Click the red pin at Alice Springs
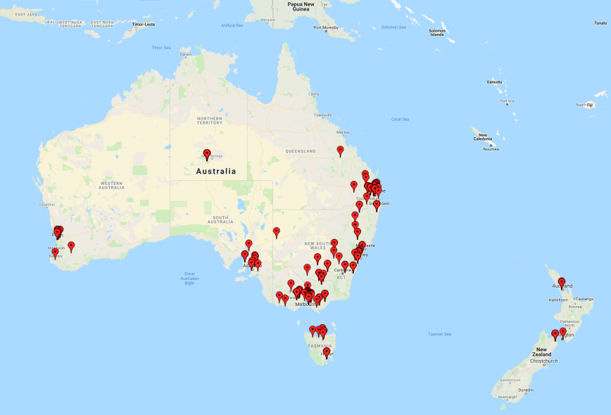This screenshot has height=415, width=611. pos(207,153)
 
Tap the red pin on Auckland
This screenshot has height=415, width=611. pos(562,282)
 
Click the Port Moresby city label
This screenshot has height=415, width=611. pos(326,27)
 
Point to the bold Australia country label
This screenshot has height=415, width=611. pos(216,171)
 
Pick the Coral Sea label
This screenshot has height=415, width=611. pos(400,119)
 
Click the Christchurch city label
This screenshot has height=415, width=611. pos(546,361)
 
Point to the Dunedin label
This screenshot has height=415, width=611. pos(527,390)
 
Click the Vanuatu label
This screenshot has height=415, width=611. pos(495,82)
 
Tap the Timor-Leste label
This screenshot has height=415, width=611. pos(144,24)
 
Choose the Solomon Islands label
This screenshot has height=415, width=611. pos(437,32)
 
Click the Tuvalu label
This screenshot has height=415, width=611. pos(600,23)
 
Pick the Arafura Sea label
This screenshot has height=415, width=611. pos(232,25)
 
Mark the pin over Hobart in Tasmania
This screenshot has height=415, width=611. pos(326,351)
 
